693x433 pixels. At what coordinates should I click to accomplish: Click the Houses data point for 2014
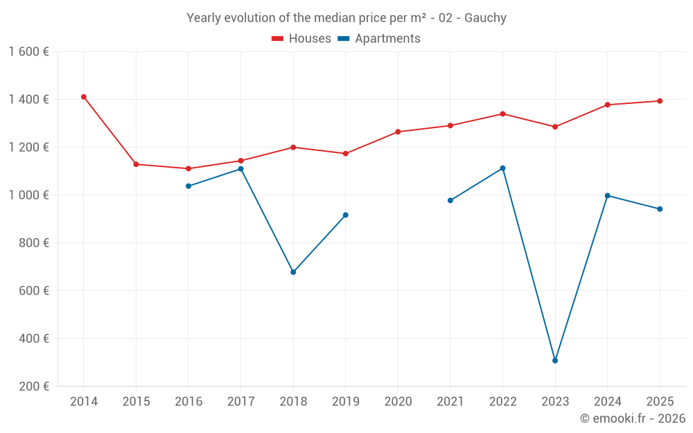click(x=84, y=97)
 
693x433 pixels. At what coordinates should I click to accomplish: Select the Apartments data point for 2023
click(x=555, y=360)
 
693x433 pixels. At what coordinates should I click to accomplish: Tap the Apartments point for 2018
click(x=293, y=272)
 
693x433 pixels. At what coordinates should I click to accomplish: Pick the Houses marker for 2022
click(x=502, y=114)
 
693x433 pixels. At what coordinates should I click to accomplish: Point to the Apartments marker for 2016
click(x=188, y=186)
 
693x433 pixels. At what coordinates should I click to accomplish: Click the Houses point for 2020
click(x=398, y=132)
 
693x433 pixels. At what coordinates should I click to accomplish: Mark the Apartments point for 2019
click(x=346, y=215)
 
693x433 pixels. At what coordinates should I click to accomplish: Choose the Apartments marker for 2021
click(x=450, y=200)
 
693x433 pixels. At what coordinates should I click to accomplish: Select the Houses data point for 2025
click(x=660, y=101)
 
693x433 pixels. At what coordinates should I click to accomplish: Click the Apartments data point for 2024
click(x=608, y=195)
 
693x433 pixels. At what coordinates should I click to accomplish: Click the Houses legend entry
click(x=301, y=39)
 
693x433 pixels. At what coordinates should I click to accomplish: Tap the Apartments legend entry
click(x=379, y=39)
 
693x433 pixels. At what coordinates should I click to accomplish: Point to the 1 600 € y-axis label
click(x=28, y=52)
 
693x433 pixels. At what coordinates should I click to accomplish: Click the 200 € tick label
click(x=33, y=387)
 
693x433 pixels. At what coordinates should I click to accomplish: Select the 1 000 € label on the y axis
click(x=28, y=195)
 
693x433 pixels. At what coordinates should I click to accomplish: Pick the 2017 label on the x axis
click(x=240, y=402)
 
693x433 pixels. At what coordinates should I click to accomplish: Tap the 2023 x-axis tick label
click(x=555, y=402)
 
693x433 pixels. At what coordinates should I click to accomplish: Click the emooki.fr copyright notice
click(x=633, y=418)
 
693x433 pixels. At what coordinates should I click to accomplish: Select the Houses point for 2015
click(x=136, y=164)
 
